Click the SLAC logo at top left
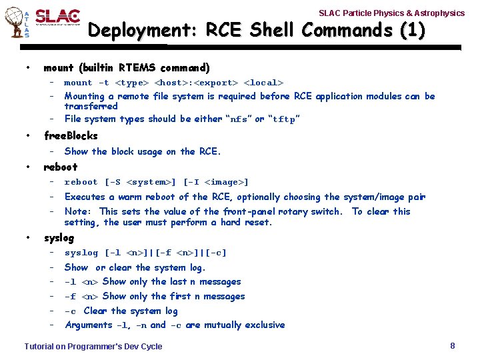tap(57, 18)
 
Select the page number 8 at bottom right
tap(453, 345)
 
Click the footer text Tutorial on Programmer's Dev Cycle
tap(93, 346)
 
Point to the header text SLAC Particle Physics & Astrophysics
tap(391, 13)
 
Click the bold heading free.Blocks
tap(71, 135)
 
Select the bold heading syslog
tap(59, 237)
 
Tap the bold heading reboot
tap(60, 167)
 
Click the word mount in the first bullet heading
tap(59, 67)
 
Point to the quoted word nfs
tap(238, 119)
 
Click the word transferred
tap(91, 106)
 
